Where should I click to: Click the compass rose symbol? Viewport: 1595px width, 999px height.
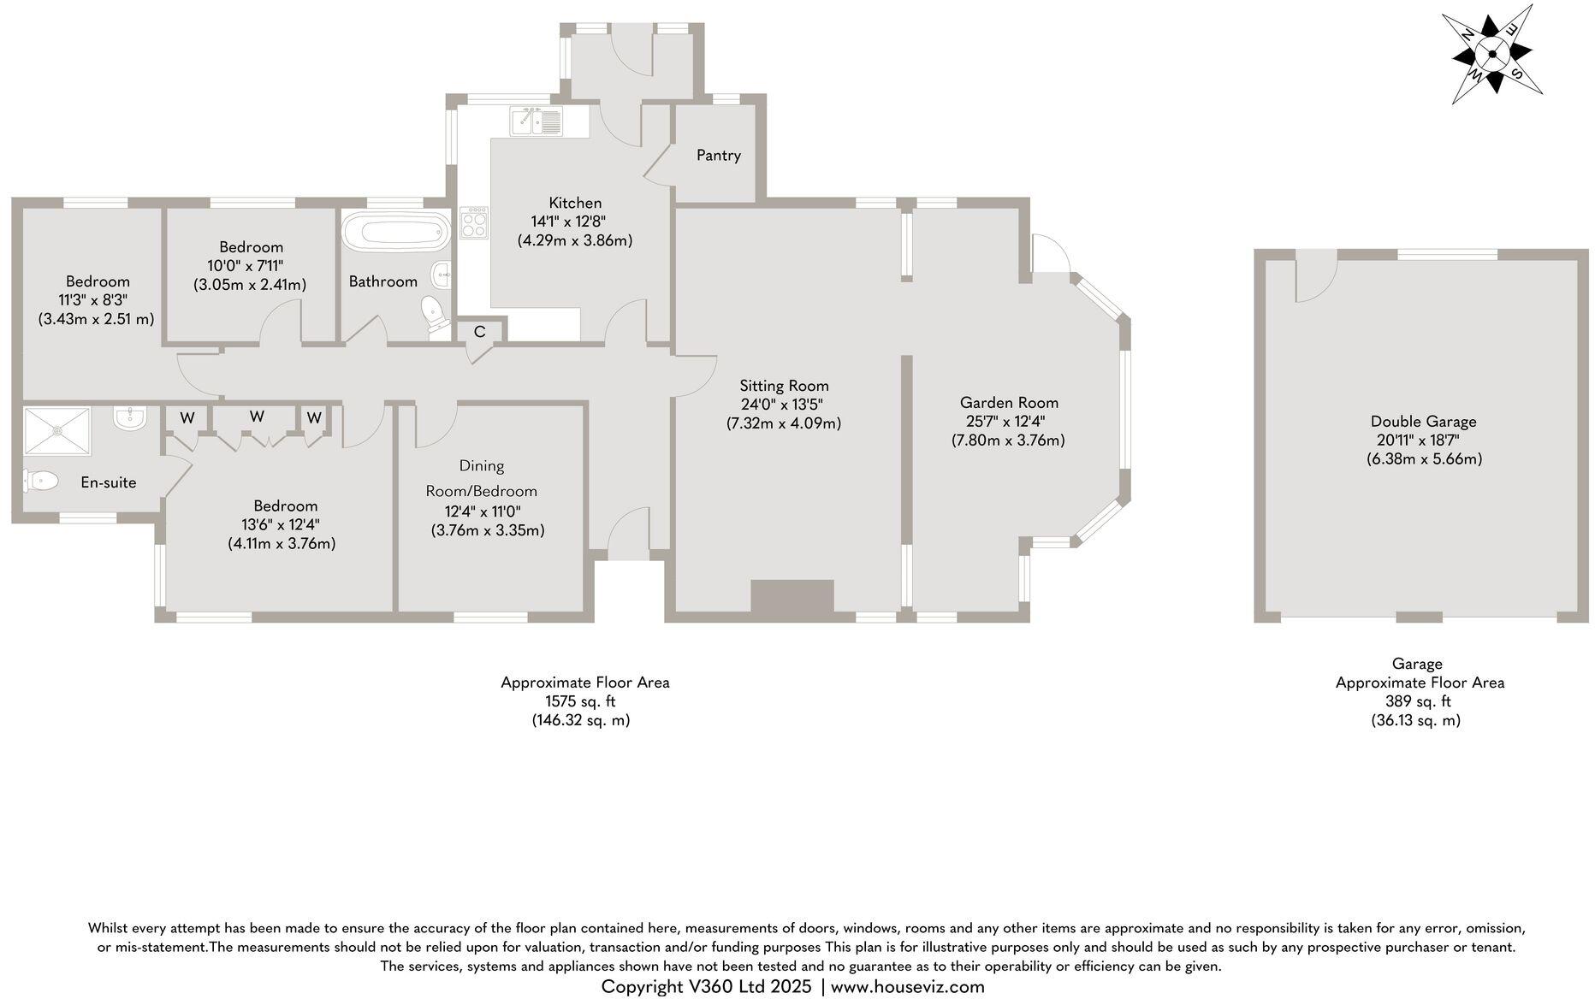(x=1493, y=55)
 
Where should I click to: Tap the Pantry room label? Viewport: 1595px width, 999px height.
(x=718, y=155)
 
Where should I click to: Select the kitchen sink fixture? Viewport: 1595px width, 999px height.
(x=536, y=121)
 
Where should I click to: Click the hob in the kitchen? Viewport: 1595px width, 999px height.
(x=474, y=222)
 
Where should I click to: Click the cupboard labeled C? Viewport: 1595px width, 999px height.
(x=480, y=331)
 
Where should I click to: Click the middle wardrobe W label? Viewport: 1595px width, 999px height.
(x=257, y=417)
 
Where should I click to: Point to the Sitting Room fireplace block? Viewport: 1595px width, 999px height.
(x=792, y=596)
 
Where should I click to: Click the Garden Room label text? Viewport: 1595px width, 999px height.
(x=1009, y=402)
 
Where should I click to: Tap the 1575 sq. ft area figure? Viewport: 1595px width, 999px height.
(x=580, y=701)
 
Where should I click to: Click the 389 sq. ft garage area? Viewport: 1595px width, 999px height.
(x=1418, y=701)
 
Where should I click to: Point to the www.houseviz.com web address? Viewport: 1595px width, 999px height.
(x=907, y=986)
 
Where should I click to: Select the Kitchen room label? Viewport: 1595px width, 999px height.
(x=575, y=203)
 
